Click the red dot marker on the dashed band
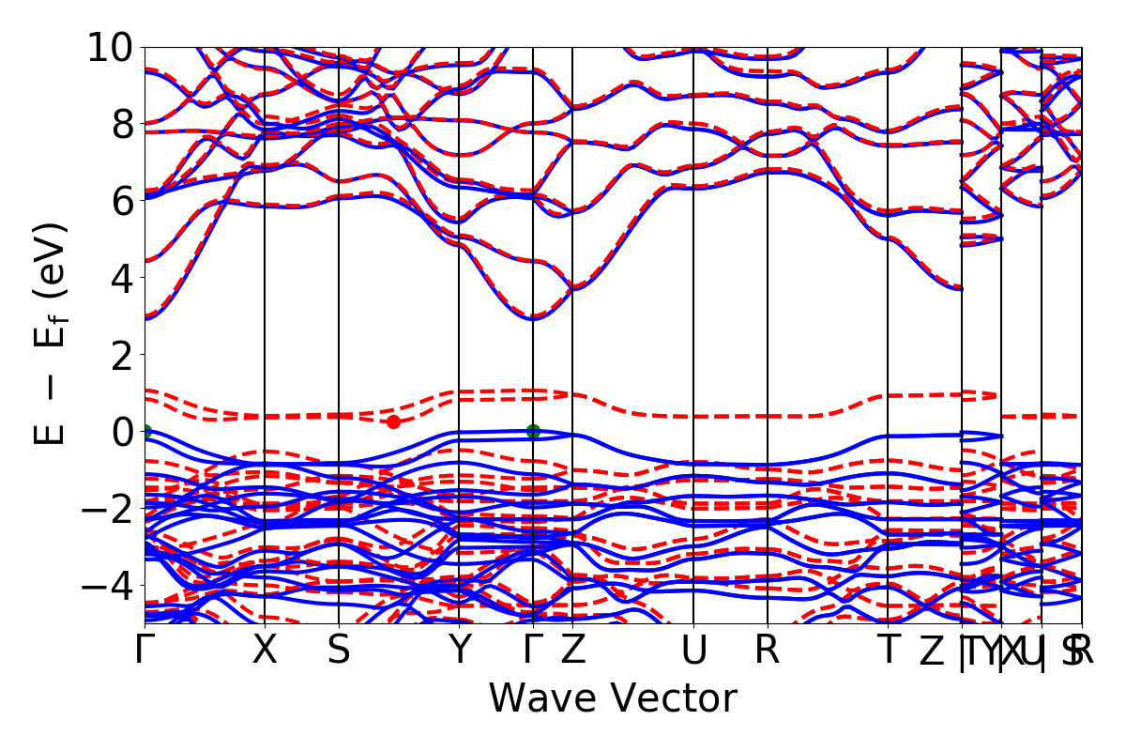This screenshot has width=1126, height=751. [x=393, y=421]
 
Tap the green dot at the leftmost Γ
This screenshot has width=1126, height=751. [x=145, y=432]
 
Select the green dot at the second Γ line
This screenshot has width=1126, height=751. [x=533, y=431]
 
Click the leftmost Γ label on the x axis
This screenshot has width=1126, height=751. [x=145, y=651]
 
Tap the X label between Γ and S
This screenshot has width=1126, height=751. [x=265, y=651]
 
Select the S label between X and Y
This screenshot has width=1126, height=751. [x=338, y=651]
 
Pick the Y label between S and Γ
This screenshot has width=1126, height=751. [x=459, y=651]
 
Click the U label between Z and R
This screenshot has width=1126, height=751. [x=693, y=651]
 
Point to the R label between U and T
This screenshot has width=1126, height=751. [x=768, y=651]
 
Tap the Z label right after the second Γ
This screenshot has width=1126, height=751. [x=573, y=651]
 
